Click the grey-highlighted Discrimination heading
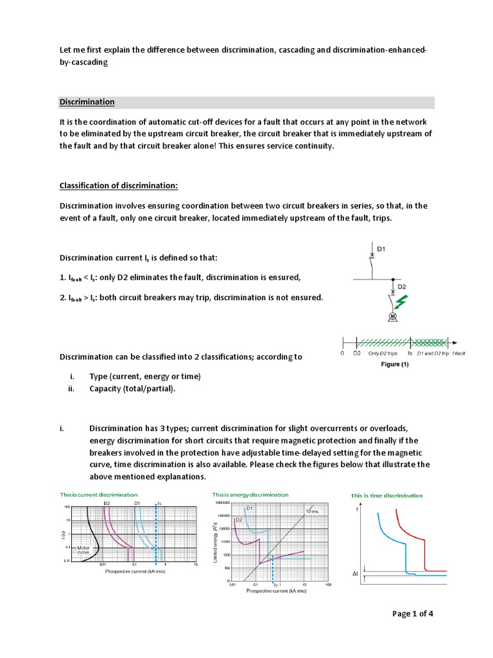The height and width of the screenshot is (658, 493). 87,102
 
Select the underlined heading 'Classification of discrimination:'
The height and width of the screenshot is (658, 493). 118,186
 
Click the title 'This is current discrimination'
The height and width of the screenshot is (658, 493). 98,495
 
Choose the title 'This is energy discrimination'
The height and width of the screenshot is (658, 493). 250,495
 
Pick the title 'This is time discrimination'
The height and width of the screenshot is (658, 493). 386,495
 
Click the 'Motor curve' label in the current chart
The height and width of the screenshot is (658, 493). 83,549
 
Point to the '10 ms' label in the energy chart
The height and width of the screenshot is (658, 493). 311,511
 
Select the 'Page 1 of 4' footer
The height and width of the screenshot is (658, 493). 413,613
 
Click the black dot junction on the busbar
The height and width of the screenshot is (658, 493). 392,280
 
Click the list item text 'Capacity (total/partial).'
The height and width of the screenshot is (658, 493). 132,389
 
